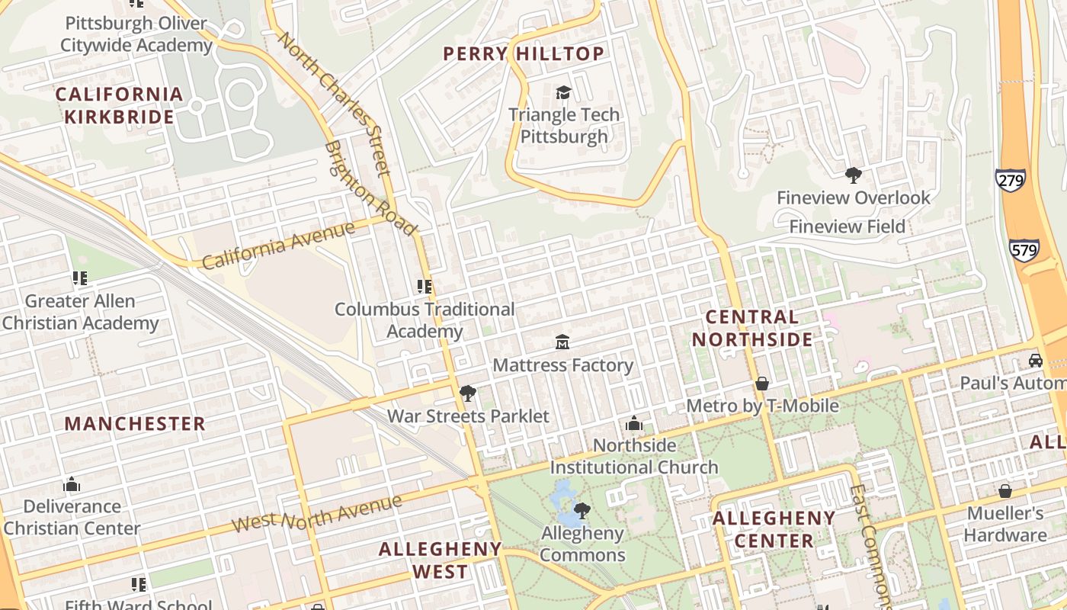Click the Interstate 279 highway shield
(x=1010, y=180)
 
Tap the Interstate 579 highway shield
(x=1024, y=249)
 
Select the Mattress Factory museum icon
(x=562, y=342)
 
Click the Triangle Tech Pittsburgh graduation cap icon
(x=563, y=92)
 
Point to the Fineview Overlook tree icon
(x=853, y=175)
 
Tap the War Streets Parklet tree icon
(x=467, y=393)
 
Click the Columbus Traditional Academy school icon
(x=425, y=287)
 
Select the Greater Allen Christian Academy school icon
(x=79, y=278)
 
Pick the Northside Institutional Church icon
(x=633, y=422)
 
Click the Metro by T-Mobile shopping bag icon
(x=762, y=383)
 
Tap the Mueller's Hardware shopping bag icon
(x=1005, y=490)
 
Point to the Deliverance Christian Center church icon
(x=72, y=484)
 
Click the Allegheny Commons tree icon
(x=582, y=510)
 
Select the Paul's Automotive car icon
(x=1036, y=360)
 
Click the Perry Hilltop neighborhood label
(x=524, y=53)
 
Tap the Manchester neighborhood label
(x=135, y=424)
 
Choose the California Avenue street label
(x=278, y=245)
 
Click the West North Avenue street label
(x=316, y=514)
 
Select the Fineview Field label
(x=847, y=226)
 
